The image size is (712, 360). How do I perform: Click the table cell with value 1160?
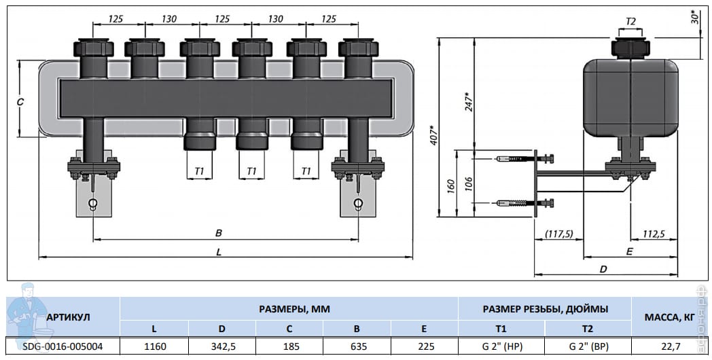click(x=155, y=346)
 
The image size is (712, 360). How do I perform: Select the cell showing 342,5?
click(x=222, y=346)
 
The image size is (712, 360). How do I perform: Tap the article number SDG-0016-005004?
click(x=63, y=346)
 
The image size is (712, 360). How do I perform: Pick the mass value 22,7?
click(x=671, y=346)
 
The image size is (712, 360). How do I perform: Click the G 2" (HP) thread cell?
click(x=502, y=346)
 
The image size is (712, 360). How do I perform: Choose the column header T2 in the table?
click(x=588, y=329)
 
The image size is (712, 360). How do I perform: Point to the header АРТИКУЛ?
click(x=68, y=317)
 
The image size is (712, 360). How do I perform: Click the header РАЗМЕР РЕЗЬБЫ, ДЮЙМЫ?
click(x=545, y=309)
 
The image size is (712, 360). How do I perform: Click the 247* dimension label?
click(x=469, y=102)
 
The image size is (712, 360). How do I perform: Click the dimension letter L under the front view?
click(x=219, y=252)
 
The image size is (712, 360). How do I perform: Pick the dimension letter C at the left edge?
click(x=20, y=102)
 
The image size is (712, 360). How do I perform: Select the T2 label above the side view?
click(x=630, y=21)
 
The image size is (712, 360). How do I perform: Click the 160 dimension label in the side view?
click(x=451, y=186)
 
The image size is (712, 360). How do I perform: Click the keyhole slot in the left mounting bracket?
click(x=92, y=203)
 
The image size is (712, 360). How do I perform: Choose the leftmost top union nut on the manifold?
click(x=94, y=48)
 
